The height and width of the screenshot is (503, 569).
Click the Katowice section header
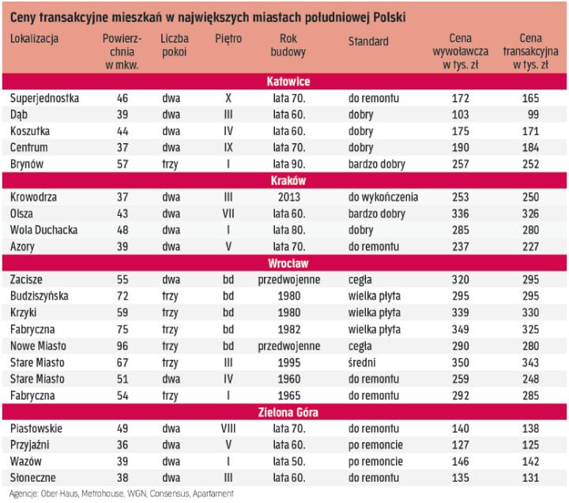(x=288, y=82)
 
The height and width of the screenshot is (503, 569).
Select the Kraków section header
(x=288, y=180)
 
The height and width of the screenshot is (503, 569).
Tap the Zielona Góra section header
(x=288, y=413)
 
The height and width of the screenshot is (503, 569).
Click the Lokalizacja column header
(x=35, y=39)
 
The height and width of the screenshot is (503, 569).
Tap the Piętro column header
(x=228, y=39)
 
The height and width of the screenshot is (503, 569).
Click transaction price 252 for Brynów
(x=531, y=164)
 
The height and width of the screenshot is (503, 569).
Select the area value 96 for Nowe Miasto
(x=122, y=346)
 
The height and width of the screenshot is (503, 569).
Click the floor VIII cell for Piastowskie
(x=228, y=429)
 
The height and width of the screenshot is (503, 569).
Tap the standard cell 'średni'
(x=364, y=362)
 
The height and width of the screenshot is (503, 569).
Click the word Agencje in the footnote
(x=21, y=494)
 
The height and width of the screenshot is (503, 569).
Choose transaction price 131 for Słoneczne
(x=531, y=478)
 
